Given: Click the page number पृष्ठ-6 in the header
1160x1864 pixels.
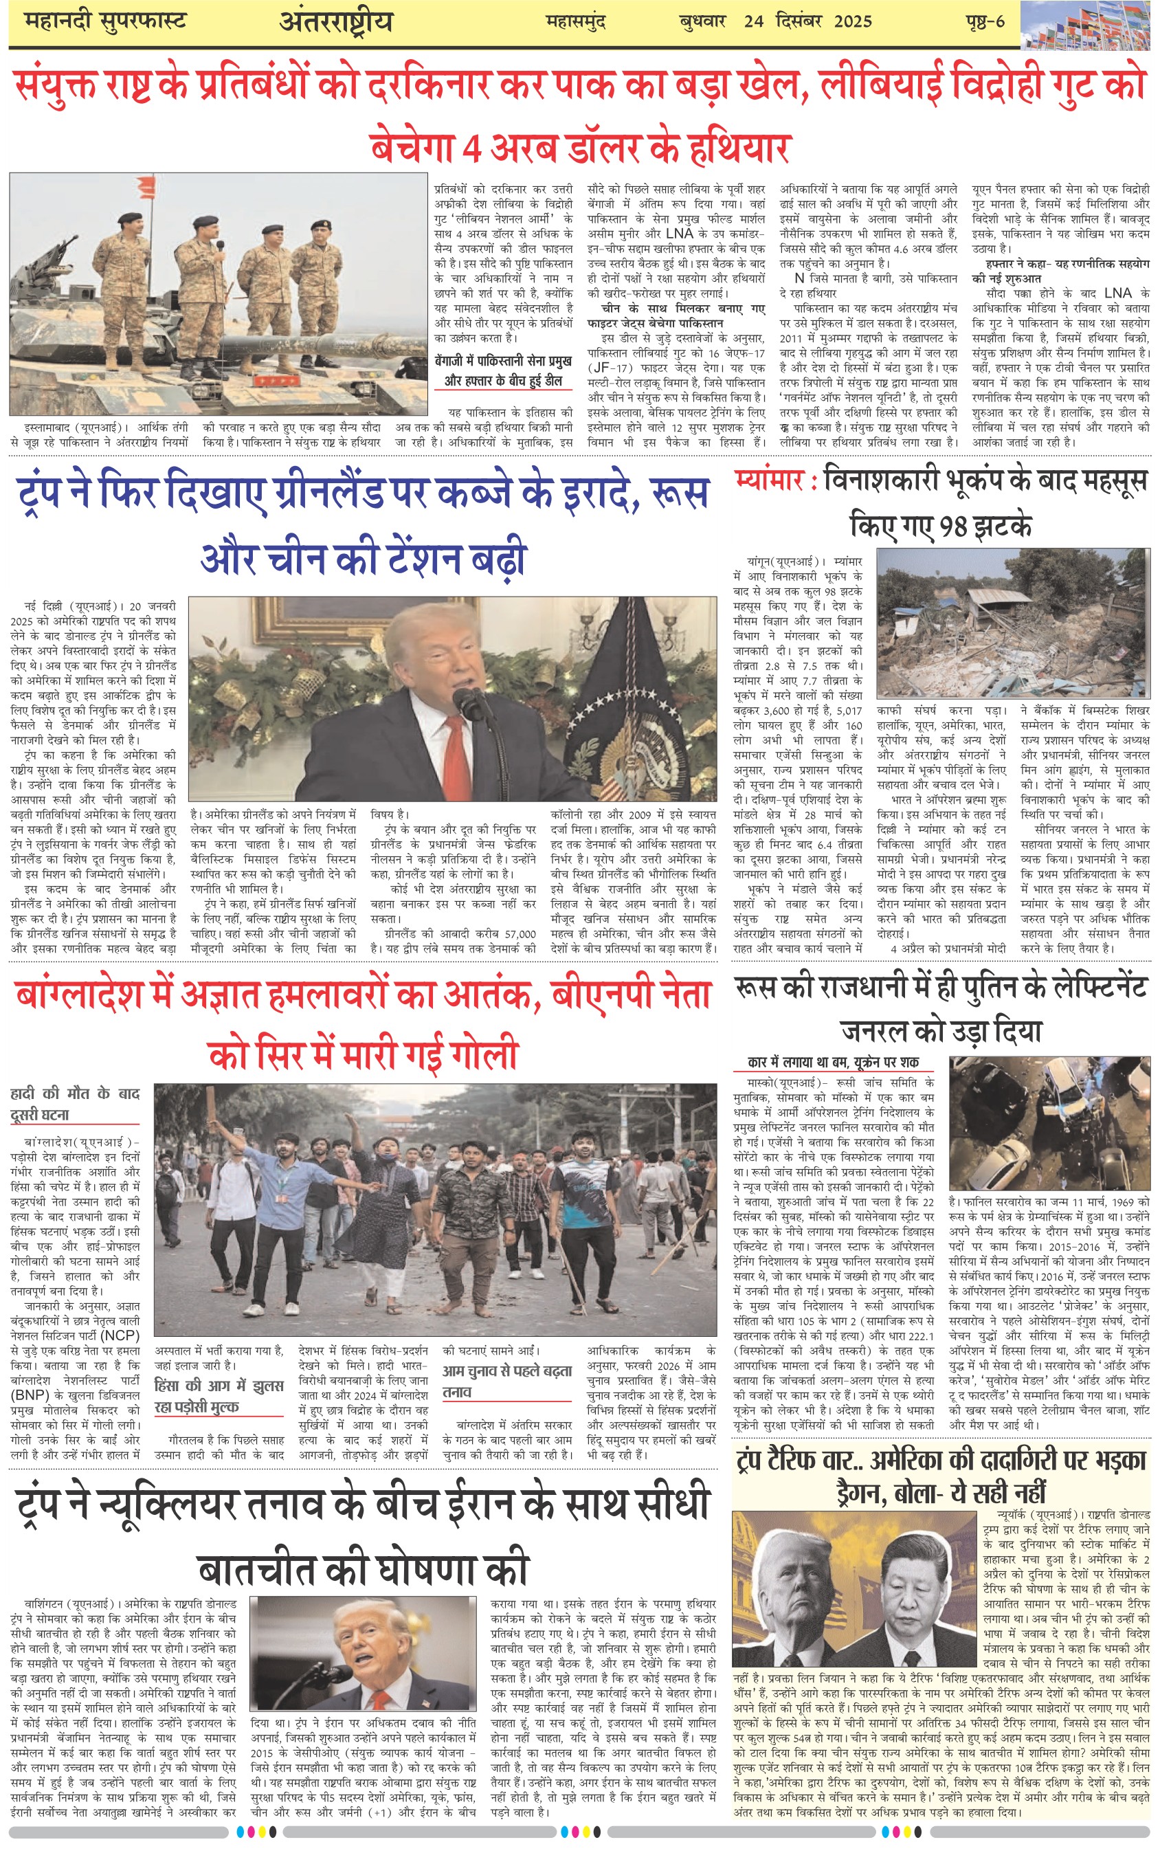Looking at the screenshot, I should click(985, 21).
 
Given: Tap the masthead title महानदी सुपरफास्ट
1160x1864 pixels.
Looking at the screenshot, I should click(105, 21).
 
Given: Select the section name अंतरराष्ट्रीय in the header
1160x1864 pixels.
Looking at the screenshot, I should click(336, 22).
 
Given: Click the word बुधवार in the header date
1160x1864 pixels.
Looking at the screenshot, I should click(702, 21).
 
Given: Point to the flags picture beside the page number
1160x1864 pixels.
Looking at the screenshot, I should click(1089, 25).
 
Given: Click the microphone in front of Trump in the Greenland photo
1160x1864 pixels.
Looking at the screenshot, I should click(466, 702).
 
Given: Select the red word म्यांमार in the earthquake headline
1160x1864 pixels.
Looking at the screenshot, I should click(769, 480).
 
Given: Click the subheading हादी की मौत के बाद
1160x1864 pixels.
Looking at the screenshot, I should click(75, 1094).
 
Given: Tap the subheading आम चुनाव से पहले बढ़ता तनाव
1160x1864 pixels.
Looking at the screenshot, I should click(506, 1381).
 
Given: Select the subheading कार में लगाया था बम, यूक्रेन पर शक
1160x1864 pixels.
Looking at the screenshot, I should click(833, 1063).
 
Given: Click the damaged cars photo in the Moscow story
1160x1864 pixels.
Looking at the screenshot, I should click(1049, 1123).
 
